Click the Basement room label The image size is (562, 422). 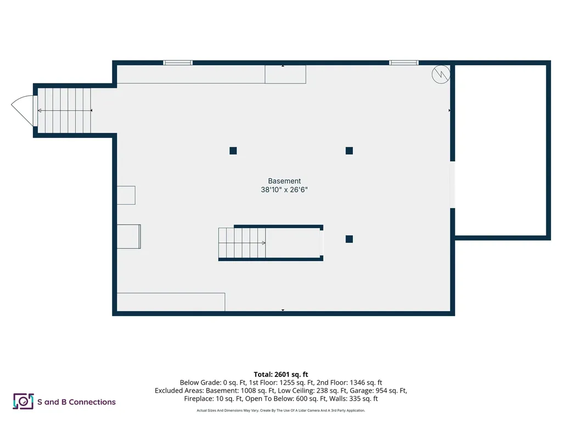pyautogui.click(x=284, y=181)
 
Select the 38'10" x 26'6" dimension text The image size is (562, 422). pyautogui.click(x=284, y=190)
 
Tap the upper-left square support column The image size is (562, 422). pyautogui.click(x=233, y=151)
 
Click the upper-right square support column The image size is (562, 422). pyautogui.click(x=349, y=151)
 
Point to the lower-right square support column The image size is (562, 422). pyautogui.click(x=349, y=239)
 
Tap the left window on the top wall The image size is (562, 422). pyautogui.click(x=178, y=63)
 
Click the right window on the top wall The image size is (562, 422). pyautogui.click(x=404, y=63)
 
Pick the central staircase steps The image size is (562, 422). pyautogui.click(x=242, y=242)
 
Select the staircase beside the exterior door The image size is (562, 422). pyautogui.click(x=63, y=110)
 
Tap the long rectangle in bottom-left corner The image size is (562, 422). pyautogui.click(x=171, y=302)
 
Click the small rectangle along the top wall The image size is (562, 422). pyautogui.click(x=285, y=75)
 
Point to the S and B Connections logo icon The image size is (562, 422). pyautogui.click(x=23, y=402)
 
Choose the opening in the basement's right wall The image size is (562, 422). pyautogui.click(x=453, y=184)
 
